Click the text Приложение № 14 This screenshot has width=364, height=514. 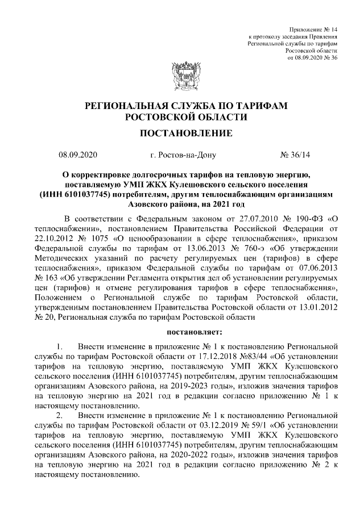(x=313, y=28)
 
